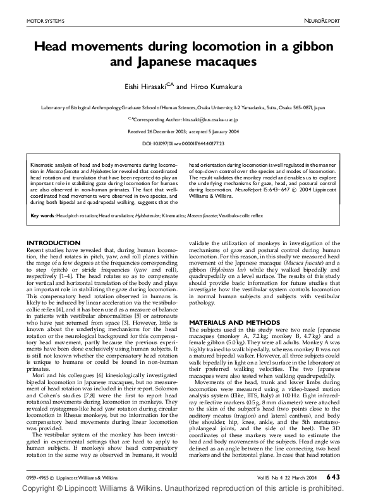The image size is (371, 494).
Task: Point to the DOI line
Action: tap(185, 143)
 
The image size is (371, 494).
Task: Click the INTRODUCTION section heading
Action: tap(53, 243)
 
